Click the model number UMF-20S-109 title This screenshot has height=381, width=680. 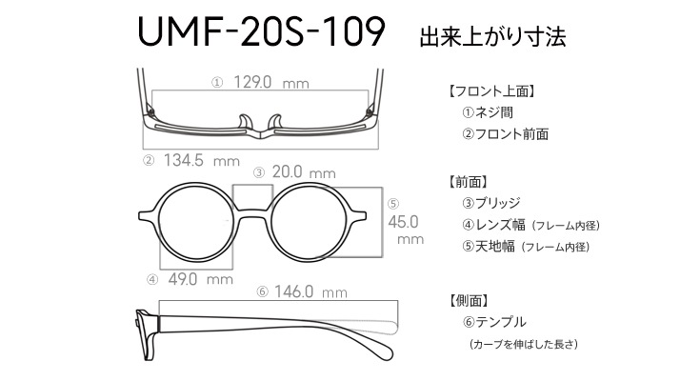(261, 31)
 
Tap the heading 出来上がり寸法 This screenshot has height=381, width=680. (492, 36)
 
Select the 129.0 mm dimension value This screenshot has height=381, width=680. (271, 82)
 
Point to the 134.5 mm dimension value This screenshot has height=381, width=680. (201, 161)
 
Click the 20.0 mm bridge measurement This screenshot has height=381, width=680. (304, 172)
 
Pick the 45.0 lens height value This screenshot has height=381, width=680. (403, 222)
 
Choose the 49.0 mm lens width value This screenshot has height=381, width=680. (200, 279)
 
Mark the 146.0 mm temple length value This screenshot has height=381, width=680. (310, 291)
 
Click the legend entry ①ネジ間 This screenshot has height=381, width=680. (488, 112)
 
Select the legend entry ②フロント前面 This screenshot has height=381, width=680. (505, 134)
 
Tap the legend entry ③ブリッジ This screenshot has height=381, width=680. (490, 203)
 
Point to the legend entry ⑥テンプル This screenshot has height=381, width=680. (494, 322)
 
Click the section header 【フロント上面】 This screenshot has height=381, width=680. (491, 91)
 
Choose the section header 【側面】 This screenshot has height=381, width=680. (469, 300)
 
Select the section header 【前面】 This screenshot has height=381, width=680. (469, 182)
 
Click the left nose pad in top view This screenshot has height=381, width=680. (245, 122)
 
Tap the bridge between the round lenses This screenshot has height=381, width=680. (253, 213)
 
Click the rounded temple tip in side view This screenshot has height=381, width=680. (384, 351)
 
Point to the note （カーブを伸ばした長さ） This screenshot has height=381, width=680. (524, 344)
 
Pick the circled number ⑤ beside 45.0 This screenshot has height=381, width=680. (393, 204)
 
